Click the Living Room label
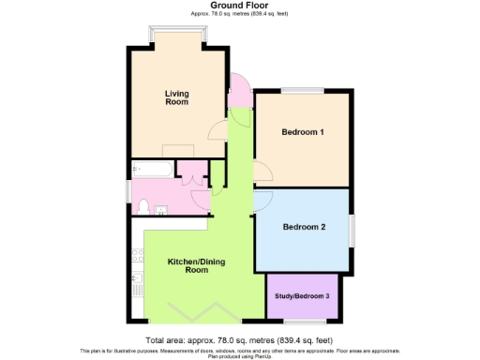coord(176,97)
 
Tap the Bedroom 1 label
coord(303,132)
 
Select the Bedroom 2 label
coord(303,227)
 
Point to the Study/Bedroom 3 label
coord(303,296)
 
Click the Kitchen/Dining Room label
coord(195,265)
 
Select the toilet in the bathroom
coord(143,206)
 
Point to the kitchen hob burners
coord(138,252)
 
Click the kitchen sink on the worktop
coord(138,287)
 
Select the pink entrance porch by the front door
coord(238,92)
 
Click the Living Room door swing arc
coord(217,130)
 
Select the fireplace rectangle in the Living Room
coord(177,151)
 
